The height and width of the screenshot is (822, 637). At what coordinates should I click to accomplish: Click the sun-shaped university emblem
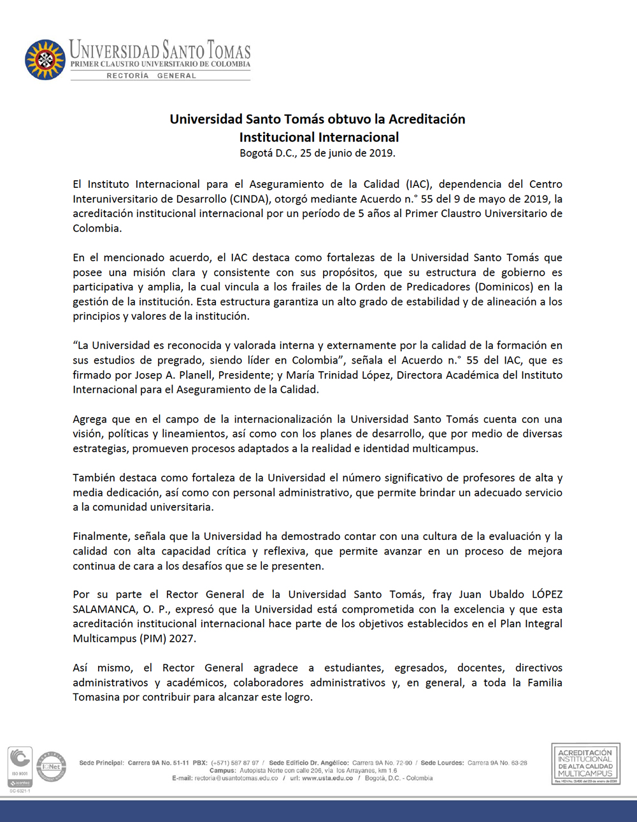click(45, 60)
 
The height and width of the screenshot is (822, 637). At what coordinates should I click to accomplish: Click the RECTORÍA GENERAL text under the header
click(152, 76)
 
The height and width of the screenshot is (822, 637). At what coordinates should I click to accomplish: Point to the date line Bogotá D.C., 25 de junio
click(317, 153)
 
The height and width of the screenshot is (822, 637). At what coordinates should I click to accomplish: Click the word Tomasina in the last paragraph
click(96, 697)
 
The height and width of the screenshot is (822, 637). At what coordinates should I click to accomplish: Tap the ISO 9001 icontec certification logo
click(20, 767)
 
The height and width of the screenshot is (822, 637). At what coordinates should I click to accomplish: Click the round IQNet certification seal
click(52, 767)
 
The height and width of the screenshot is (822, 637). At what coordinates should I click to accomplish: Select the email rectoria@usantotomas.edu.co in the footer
click(236, 778)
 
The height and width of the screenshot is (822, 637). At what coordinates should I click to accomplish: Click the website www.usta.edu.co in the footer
click(327, 778)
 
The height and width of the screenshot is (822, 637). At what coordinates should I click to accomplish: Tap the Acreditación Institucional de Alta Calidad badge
click(585, 763)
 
